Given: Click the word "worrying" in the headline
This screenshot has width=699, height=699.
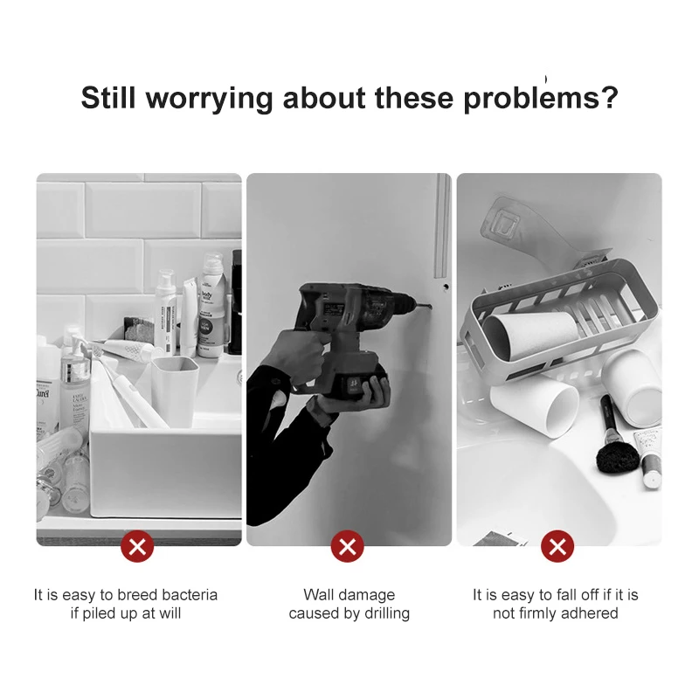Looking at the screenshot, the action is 209,99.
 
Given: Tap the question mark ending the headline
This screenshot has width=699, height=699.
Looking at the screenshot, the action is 609,97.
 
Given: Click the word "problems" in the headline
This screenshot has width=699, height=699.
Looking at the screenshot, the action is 531,99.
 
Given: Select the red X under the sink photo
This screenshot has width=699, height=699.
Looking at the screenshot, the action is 137,546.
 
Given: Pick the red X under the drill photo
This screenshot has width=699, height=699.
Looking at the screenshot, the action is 348,546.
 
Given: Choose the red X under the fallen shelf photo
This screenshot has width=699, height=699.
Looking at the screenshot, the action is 557,546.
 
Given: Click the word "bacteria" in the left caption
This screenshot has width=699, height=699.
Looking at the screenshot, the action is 190,595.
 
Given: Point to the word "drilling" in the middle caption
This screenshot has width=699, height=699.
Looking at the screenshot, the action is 386,614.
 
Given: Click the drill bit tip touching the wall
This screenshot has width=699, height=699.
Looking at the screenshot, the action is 430,307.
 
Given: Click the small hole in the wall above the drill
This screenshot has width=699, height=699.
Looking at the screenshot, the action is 446,287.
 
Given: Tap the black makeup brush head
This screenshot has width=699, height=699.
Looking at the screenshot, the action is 617,459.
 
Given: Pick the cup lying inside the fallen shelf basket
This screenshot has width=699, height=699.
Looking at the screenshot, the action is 530,336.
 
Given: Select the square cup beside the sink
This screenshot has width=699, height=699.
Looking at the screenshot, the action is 176,391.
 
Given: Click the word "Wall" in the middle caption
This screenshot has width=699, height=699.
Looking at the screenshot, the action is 317,595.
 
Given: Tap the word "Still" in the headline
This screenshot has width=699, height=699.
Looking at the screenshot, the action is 107,97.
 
